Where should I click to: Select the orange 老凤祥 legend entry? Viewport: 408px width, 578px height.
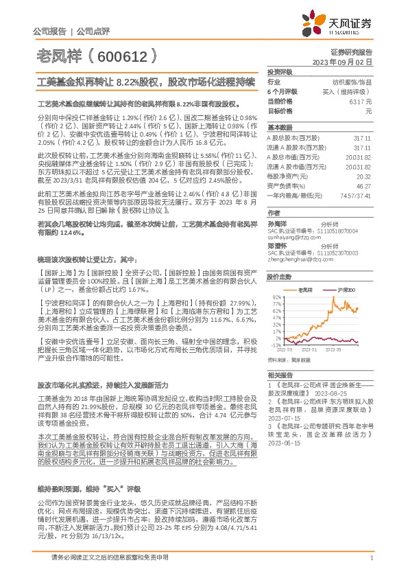click(304, 291)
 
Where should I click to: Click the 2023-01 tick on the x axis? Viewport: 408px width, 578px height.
click(309, 349)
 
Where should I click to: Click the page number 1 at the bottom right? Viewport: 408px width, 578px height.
click(371, 558)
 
